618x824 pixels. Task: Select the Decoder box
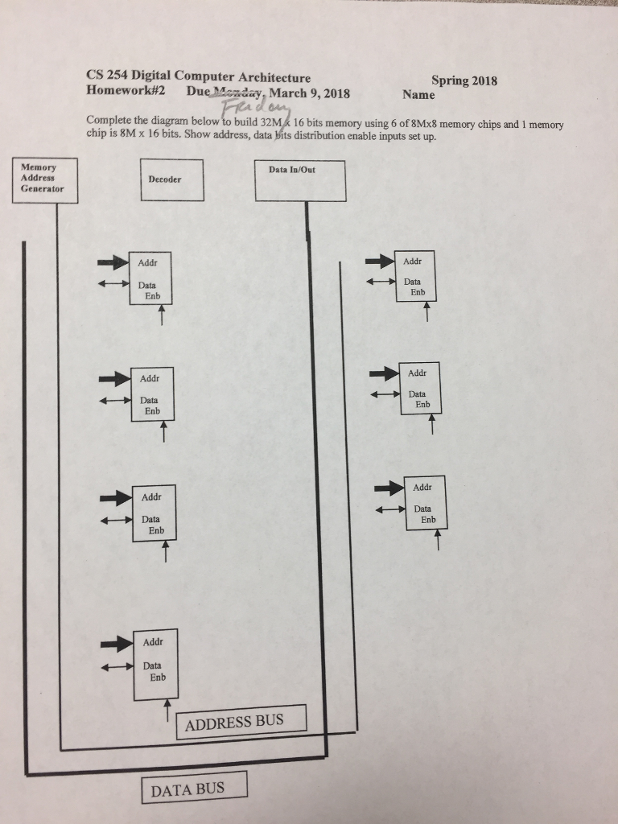coord(172,180)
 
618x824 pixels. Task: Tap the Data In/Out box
coord(300,180)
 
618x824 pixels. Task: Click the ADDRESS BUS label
coord(241,721)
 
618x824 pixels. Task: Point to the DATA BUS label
coord(194,788)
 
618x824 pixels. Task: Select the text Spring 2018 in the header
coord(464,80)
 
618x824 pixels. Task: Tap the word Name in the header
coord(418,95)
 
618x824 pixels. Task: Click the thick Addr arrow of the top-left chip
coord(113,262)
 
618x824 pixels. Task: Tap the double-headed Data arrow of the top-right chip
coord(381,282)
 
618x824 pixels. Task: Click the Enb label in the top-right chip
coord(418,292)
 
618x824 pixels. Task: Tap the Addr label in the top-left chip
coord(147,263)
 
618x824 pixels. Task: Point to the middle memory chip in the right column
coord(420,388)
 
